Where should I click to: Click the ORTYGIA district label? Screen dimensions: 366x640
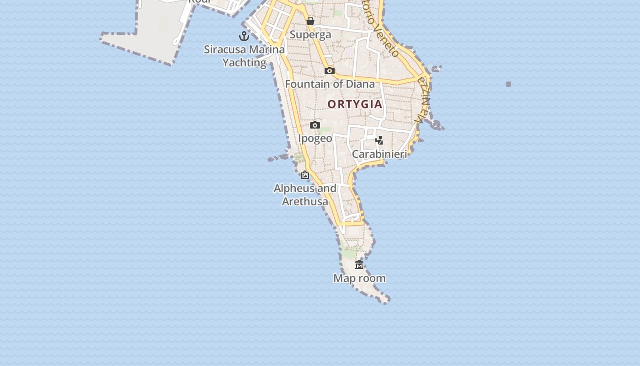pyautogui.click(x=355, y=104)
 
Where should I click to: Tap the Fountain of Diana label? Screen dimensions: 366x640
pyautogui.click(x=330, y=84)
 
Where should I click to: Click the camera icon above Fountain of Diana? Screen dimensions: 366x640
pyautogui.click(x=329, y=70)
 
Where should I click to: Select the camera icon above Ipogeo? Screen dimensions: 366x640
pyautogui.click(x=315, y=125)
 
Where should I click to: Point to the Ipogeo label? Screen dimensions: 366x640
pyautogui.click(x=315, y=138)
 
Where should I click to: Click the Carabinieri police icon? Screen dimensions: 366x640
pyautogui.click(x=379, y=140)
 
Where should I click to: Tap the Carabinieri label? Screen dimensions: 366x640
pyautogui.click(x=379, y=154)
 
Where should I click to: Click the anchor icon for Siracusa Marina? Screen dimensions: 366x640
pyautogui.click(x=244, y=36)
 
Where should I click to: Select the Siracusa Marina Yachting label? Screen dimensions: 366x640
pyautogui.click(x=245, y=56)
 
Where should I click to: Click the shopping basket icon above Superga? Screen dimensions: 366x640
pyautogui.click(x=310, y=21)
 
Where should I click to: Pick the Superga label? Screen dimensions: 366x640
pyautogui.click(x=310, y=35)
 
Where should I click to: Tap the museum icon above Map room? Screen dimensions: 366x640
pyautogui.click(x=359, y=264)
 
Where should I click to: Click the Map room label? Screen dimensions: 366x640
pyautogui.click(x=359, y=278)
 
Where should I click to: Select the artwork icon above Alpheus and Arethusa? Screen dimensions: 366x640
pyautogui.click(x=305, y=175)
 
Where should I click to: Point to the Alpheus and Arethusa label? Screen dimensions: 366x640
pyautogui.click(x=305, y=195)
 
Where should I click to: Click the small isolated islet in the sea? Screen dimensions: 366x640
pyautogui.click(x=508, y=84)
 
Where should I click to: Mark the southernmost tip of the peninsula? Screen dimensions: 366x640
pyautogui.click(x=387, y=301)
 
